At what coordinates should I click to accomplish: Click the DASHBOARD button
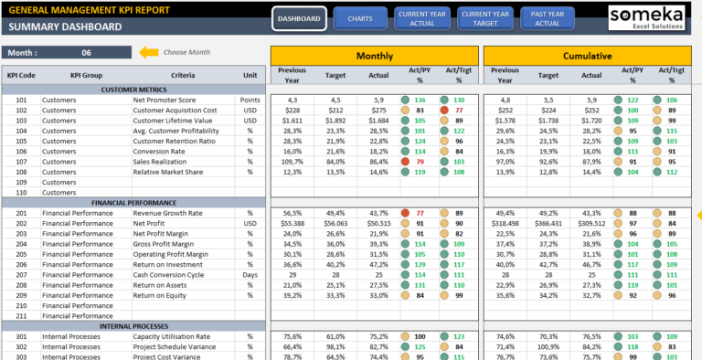coord(299,18)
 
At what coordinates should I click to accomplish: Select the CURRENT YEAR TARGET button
coord(486,18)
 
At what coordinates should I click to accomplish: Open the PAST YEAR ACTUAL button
coord(548,18)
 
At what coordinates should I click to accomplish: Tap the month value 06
coord(86,53)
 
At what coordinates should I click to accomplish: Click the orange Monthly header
coord(374,56)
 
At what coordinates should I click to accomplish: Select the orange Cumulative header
coord(587,56)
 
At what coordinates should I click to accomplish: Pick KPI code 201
coord(21,213)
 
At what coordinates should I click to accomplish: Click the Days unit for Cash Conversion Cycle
coord(250,274)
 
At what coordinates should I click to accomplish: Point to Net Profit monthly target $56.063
coord(335,223)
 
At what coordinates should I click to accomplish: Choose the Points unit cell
coord(250,100)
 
